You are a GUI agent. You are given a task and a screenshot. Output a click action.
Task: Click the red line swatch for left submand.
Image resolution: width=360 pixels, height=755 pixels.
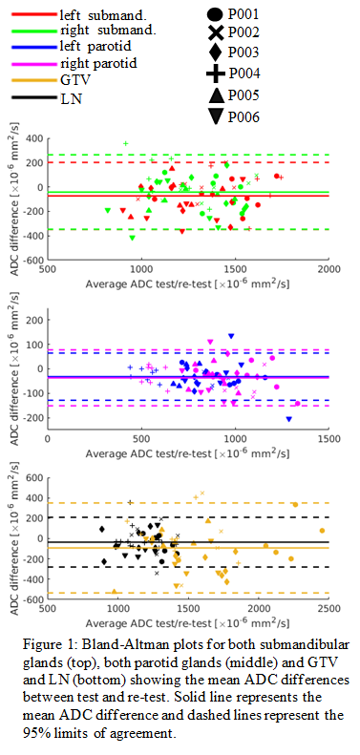pyautogui.click(x=34, y=14)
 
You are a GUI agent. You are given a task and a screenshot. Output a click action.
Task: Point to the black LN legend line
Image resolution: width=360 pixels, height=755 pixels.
pyautogui.click(x=34, y=97)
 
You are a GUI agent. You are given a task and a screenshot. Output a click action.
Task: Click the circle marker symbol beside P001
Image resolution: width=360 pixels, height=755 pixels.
pyautogui.click(x=216, y=13)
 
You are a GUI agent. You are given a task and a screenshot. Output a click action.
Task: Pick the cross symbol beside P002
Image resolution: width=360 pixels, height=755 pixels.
pyautogui.click(x=216, y=33)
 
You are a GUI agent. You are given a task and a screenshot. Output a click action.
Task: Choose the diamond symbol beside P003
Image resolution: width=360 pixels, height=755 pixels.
pyautogui.click(x=216, y=52)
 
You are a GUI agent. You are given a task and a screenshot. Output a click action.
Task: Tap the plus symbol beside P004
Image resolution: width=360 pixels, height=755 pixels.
pyautogui.click(x=216, y=73)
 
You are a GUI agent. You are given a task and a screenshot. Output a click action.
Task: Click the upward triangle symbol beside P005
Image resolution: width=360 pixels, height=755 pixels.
pyautogui.click(x=216, y=95)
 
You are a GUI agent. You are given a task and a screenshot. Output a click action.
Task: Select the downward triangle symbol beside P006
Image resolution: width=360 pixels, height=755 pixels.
pyautogui.click(x=216, y=116)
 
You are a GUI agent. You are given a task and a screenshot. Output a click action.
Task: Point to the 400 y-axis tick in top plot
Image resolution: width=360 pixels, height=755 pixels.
pyautogui.click(x=34, y=138)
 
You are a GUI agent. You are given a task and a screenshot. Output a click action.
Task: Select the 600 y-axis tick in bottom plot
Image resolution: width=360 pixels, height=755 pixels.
pyautogui.click(x=34, y=477)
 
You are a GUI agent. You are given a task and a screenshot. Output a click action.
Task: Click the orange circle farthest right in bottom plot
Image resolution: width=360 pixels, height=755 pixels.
pyautogui.click(x=322, y=531)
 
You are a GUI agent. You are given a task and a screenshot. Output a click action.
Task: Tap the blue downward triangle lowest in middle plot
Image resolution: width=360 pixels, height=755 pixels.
pyautogui.click(x=289, y=419)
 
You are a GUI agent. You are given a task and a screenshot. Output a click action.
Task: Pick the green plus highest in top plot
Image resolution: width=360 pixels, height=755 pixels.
pyautogui.click(x=126, y=143)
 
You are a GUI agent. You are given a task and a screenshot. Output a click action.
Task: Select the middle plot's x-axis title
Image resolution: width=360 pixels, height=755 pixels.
pyautogui.click(x=188, y=453)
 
